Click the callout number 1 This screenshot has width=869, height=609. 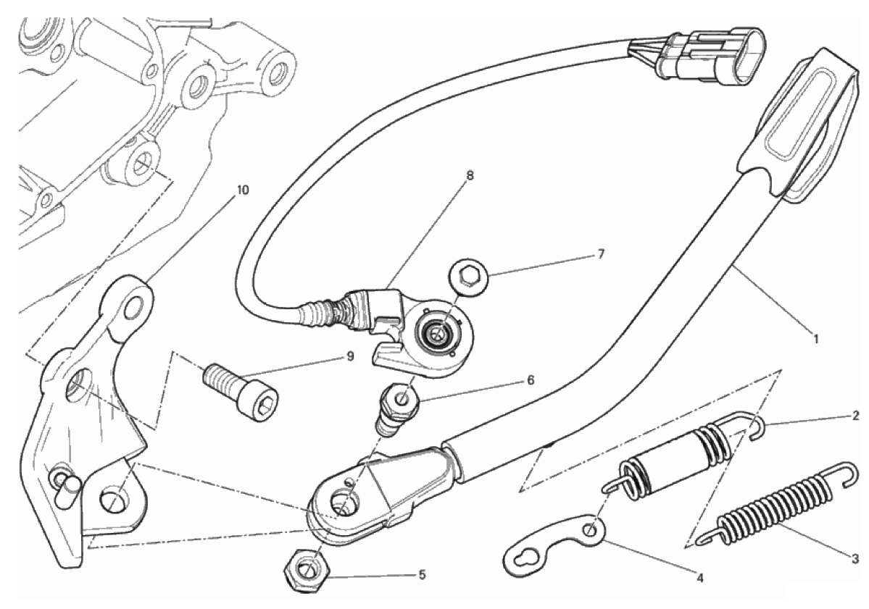click(815, 337)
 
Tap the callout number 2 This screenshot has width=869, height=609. click(855, 415)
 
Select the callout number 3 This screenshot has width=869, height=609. click(856, 558)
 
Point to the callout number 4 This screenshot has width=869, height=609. click(700, 579)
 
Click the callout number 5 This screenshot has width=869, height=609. click(422, 575)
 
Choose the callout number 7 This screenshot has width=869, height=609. click(602, 254)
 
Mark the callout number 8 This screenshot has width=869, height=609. click(470, 175)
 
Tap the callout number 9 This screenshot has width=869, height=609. click(350, 356)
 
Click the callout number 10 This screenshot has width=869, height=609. click(243, 190)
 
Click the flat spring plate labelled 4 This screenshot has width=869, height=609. click(554, 545)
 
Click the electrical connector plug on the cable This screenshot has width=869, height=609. click(697, 51)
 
